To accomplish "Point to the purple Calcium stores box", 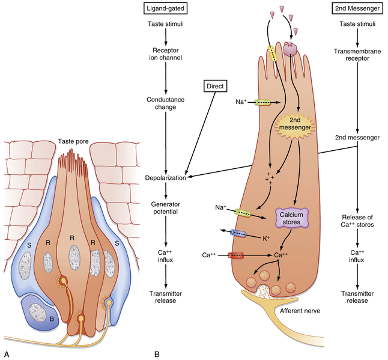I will (x=291, y=218).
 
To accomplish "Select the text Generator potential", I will (x=166, y=208).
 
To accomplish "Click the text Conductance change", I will (x=166, y=102).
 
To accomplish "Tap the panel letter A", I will (x=7, y=353).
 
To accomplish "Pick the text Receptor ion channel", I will (x=166, y=56).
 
